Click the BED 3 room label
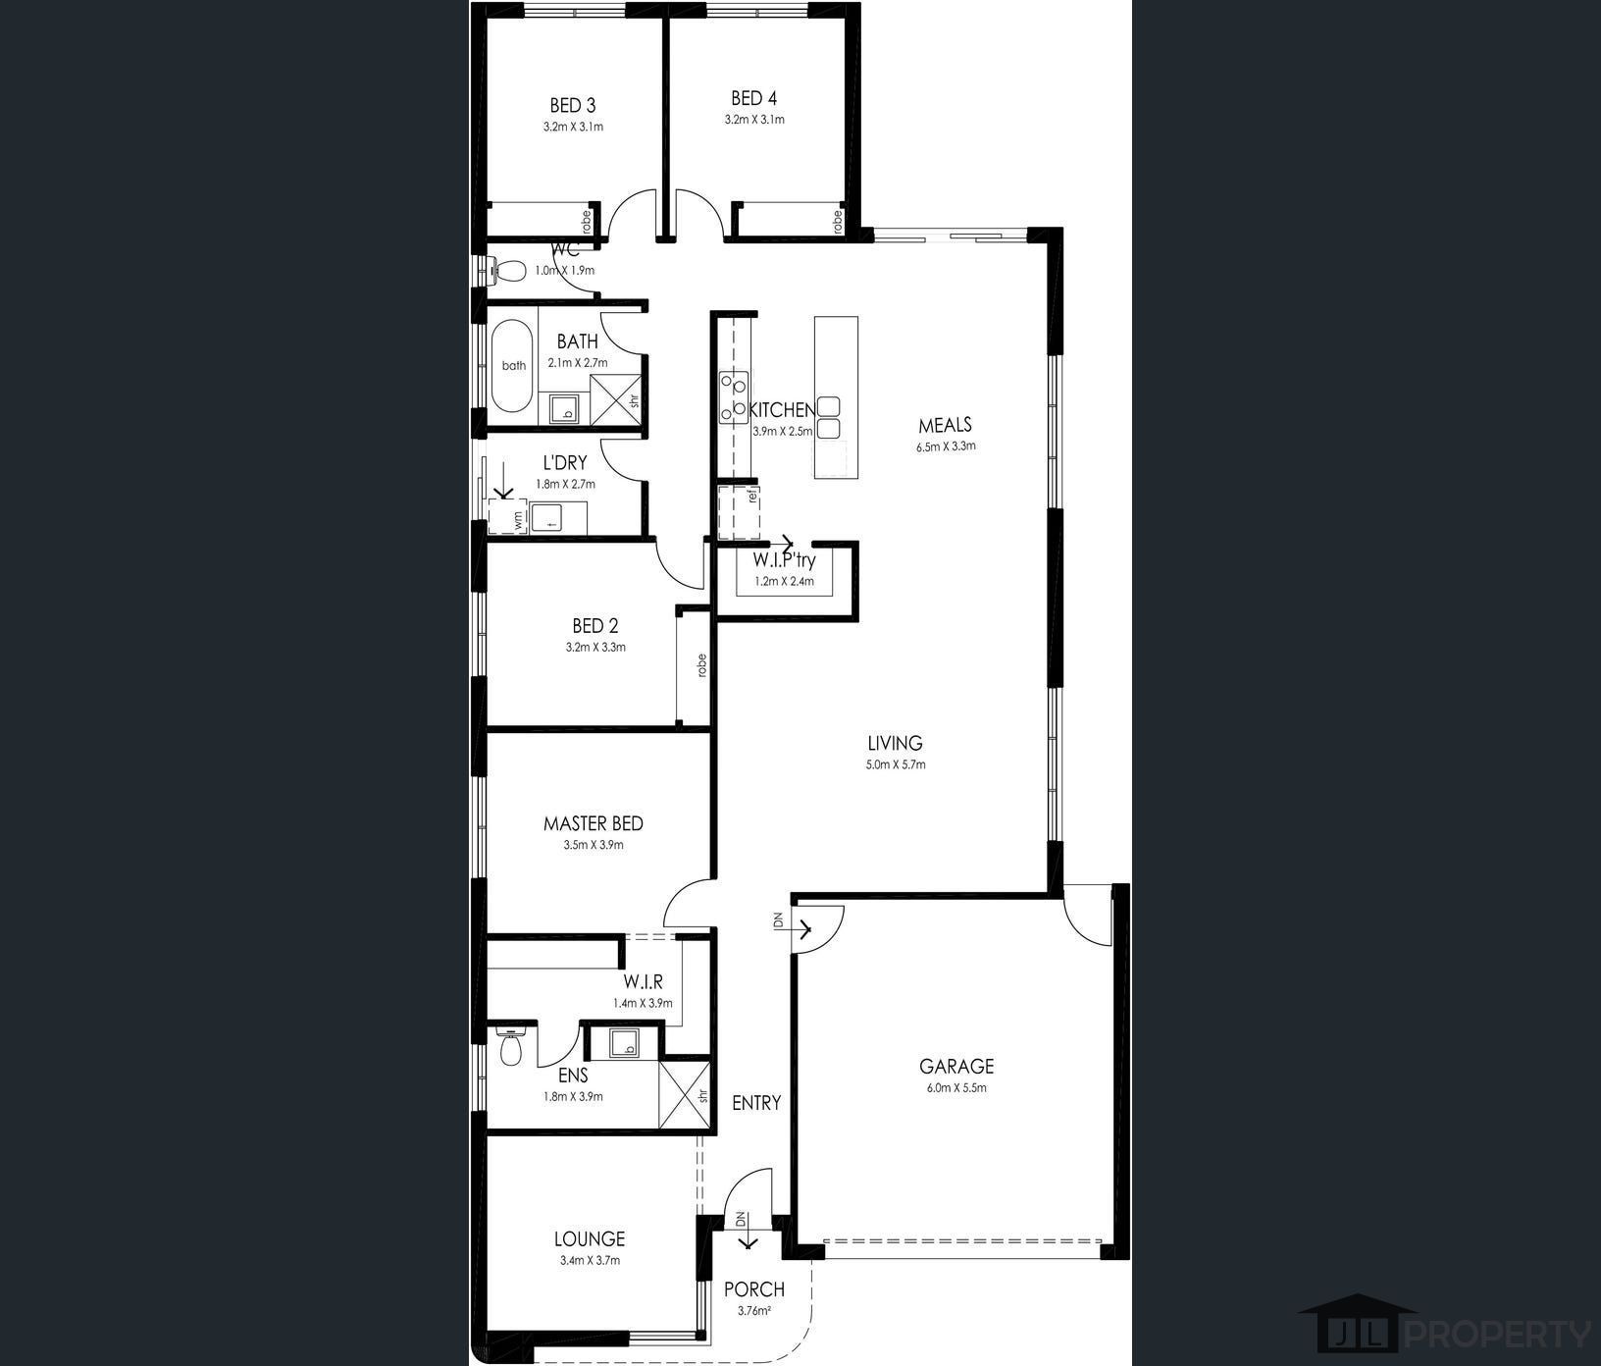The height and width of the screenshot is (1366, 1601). pyautogui.click(x=572, y=105)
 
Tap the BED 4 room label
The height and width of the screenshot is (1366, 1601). pyautogui.click(x=753, y=98)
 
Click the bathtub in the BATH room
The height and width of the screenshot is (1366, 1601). pyautogui.click(x=513, y=366)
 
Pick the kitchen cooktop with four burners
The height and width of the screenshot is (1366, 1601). pyautogui.click(x=733, y=395)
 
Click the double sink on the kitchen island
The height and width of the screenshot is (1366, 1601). pyautogui.click(x=830, y=417)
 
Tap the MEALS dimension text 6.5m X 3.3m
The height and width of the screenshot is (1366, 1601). pyautogui.click(x=946, y=446)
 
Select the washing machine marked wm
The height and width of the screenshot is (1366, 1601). pyautogui.click(x=508, y=517)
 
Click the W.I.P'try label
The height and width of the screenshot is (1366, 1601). pyautogui.click(x=784, y=561)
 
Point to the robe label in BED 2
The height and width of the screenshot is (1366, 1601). pyautogui.click(x=701, y=665)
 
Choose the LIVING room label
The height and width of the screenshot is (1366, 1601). pyautogui.click(x=895, y=743)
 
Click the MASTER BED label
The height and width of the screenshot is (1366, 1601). pyautogui.click(x=594, y=823)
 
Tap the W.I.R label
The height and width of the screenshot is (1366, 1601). pyautogui.click(x=643, y=981)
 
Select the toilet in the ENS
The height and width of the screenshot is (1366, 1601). pyautogui.click(x=511, y=1047)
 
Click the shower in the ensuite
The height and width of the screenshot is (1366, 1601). pyautogui.click(x=685, y=1095)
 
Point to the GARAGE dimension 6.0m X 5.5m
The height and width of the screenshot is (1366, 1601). pyautogui.click(x=955, y=1087)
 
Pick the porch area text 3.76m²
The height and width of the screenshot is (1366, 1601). pyautogui.click(x=753, y=1310)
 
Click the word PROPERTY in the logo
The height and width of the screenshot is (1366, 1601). pyautogui.click(x=1498, y=1335)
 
